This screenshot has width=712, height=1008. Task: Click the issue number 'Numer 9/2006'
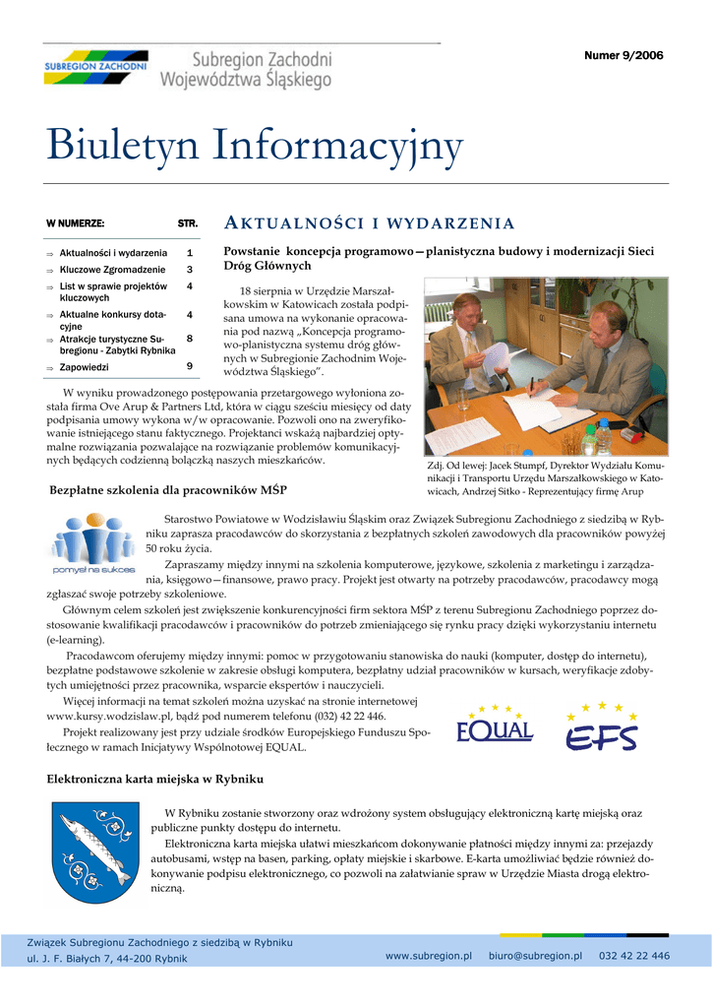[x=623, y=55]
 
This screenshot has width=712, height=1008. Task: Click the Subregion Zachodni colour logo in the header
[x=95, y=67]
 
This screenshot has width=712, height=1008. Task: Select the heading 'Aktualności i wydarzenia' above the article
[x=370, y=222]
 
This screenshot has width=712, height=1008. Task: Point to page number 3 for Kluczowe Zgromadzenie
[x=189, y=269]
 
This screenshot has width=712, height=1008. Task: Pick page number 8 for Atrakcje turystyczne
[x=189, y=339]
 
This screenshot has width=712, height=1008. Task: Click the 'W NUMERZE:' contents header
[x=76, y=223]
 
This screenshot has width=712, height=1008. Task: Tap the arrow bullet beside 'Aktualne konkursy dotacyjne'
[x=50, y=316]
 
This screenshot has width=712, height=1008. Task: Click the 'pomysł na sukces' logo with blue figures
[x=93, y=543]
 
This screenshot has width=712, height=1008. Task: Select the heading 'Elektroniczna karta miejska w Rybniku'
[x=155, y=779]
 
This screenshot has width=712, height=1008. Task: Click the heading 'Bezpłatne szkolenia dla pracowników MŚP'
[x=168, y=489]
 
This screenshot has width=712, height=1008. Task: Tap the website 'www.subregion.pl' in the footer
[x=429, y=956]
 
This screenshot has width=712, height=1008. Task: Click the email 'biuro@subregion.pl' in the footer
[x=535, y=956]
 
